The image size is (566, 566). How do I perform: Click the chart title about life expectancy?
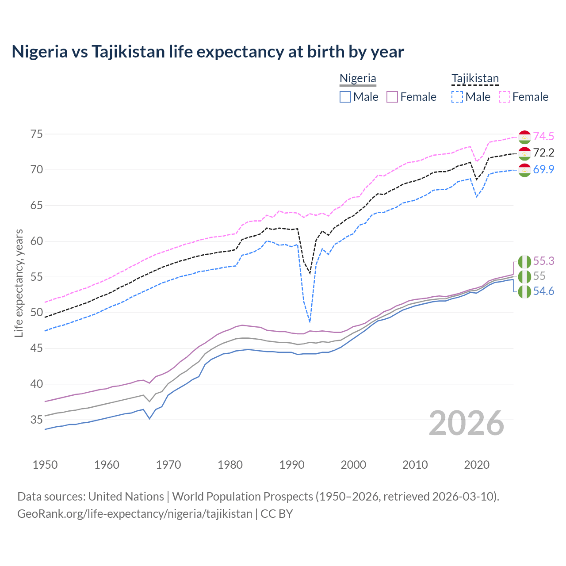pos(208,52)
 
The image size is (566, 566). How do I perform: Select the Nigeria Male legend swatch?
pos(345,97)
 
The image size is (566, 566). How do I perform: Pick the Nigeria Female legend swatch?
pos(392,97)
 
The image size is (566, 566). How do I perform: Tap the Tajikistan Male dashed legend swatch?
pos(457,97)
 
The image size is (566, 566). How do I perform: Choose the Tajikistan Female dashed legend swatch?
pos(505,97)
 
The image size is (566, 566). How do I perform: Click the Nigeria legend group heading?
pos(358,79)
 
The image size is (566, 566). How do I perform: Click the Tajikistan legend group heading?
pos(475,79)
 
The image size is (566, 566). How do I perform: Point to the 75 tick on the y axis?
pos(37,134)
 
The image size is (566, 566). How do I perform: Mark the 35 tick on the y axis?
pos(37,420)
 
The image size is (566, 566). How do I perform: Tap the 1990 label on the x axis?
pos(292,465)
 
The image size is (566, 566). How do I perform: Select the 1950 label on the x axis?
pos(45,465)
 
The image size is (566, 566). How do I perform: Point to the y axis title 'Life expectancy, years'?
pos(19,283)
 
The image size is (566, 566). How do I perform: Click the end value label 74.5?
pos(543,136)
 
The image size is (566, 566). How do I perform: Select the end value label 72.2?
pos(543,153)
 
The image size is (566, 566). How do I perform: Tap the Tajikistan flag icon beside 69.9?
pos(524,170)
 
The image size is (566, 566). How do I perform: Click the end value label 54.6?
pos(543,291)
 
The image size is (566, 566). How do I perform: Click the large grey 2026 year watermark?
pos(467,423)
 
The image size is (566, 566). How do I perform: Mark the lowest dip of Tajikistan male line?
pos(310,322)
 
